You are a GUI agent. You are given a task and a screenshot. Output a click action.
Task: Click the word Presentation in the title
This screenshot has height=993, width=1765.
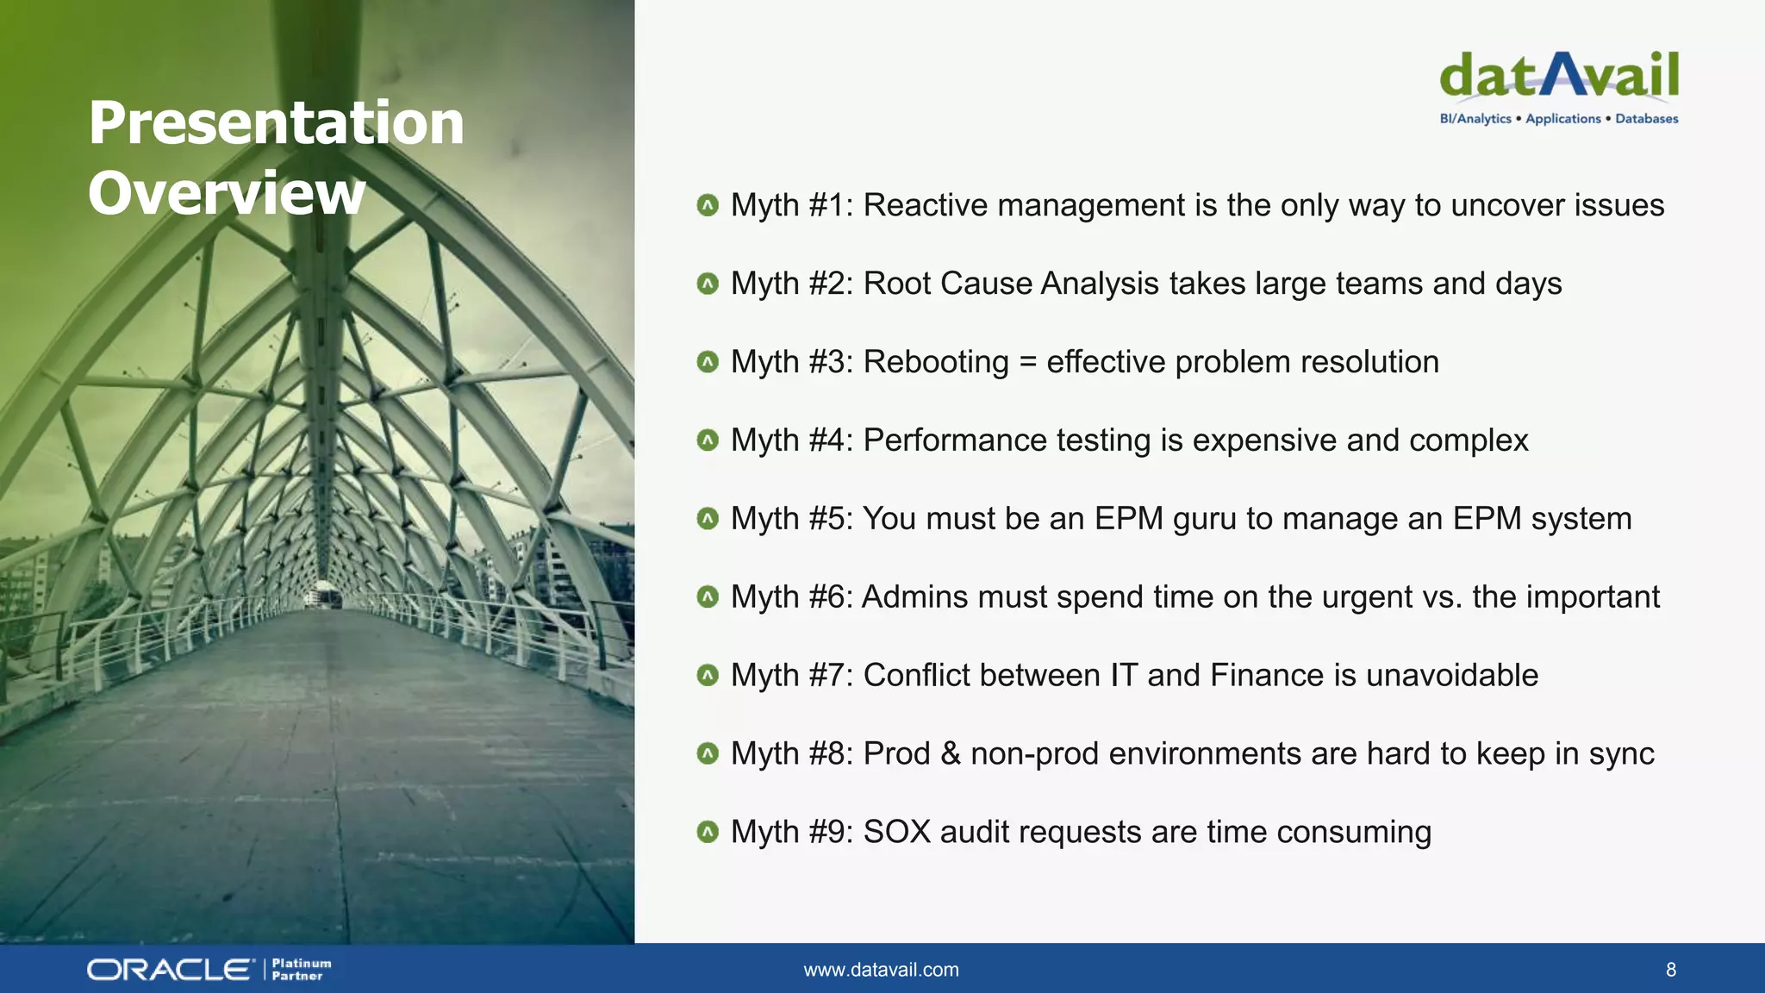click(x=276, y=122)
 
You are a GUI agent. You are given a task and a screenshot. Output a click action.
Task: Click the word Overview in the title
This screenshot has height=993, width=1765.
click(x=227, y=192)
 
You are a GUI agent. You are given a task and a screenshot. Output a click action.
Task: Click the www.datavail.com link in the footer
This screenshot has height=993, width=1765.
click(x=881, y=970)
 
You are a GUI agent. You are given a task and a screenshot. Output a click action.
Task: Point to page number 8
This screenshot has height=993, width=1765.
click(x=1670, y=970)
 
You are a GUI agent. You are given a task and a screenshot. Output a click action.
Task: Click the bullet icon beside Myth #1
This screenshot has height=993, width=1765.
click(x=708, y=205)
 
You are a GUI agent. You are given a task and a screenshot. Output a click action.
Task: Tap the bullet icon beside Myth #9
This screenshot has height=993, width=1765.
click(x=708, y=832)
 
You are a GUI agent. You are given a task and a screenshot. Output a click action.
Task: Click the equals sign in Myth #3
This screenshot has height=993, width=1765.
click(x=1027, y=362)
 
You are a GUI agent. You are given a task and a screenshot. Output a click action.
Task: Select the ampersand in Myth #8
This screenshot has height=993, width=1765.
click(x=950, y=753)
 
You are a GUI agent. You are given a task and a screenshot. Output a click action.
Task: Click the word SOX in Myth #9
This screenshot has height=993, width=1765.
click(x=896, y=832)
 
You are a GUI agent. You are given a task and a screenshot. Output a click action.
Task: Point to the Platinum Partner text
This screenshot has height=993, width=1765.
click(x=301, y=970)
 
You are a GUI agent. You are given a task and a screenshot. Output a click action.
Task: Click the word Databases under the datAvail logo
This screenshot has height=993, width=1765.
click(x=1646, y=119)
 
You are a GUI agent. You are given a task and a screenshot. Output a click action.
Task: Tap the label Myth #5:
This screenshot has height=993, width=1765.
click(x=791, y=519)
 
